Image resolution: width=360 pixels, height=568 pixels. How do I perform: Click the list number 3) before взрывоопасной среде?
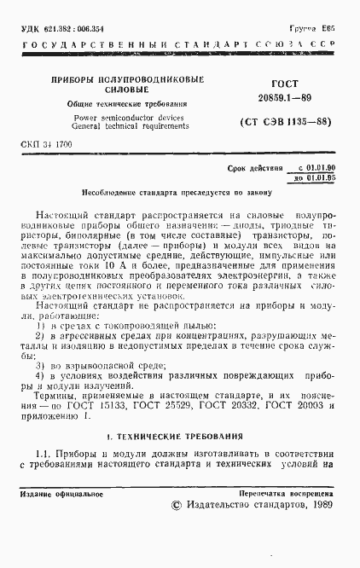[x=40, y=362]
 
